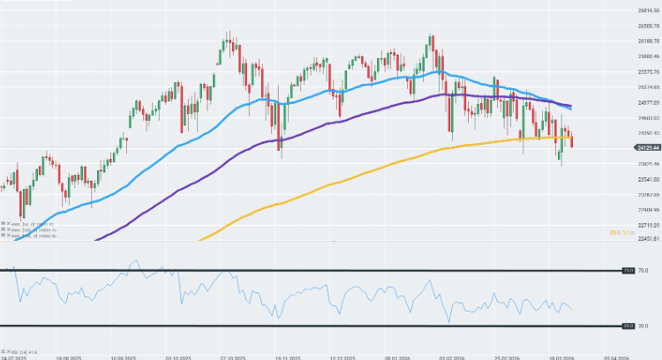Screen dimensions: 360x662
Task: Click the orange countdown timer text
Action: (618, 232)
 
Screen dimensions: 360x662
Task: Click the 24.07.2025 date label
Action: (13, 357)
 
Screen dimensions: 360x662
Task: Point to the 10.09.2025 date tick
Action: (123, 357)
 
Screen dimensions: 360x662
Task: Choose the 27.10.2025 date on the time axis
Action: (232, 357)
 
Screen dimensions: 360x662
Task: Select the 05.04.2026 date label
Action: (615, 357)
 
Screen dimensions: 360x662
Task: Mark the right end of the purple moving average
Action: (570, 106)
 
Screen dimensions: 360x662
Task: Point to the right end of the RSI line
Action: (571, 308)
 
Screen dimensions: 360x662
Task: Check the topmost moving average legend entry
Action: (22, 224)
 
